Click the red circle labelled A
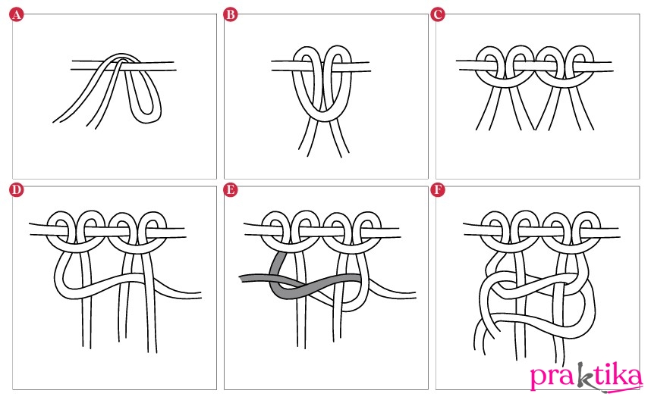(16, 15)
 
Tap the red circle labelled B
(231, 15)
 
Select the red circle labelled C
(438, 15)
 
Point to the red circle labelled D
(16, 190)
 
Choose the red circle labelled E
(231, 190)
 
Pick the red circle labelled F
(438, 190)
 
